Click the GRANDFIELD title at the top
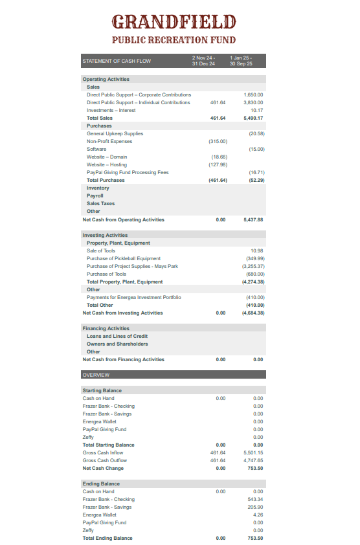tap(174, 23)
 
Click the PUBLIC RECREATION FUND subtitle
tap(174, 40)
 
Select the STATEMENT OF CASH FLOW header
tap(117, 61)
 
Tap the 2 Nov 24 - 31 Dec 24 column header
tap(203, 61)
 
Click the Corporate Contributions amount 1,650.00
tap(253, 95)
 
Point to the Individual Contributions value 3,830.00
tap(253, 103)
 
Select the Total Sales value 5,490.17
tap(253, 118)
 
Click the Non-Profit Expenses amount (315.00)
tap(218, 142)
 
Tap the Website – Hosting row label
tap(107, 165)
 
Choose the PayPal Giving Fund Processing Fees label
tap(128, 173)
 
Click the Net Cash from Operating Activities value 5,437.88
tap(253, 220)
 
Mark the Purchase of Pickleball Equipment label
tap(124, 259)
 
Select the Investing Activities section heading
tap(105, 236)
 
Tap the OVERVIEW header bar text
tap(96, 375)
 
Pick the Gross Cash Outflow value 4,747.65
tap(253, 461)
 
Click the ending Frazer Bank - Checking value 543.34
tap(255, 500)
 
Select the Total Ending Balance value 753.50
tap(255, 539)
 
